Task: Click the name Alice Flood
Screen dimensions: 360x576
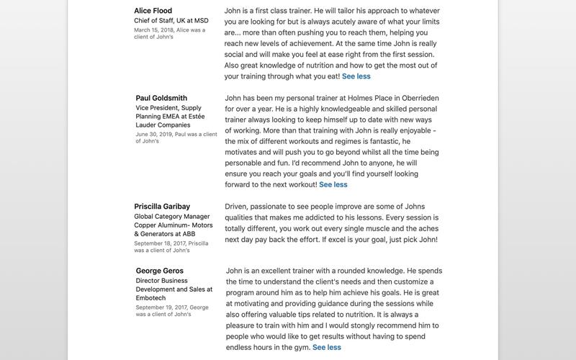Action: coord(153,11)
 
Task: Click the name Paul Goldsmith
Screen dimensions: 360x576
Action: coord(161,98)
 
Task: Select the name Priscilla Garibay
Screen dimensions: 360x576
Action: coord(162,207)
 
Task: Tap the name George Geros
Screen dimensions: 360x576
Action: coord(159,271)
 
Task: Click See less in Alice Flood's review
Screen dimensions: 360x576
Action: coord(356,76)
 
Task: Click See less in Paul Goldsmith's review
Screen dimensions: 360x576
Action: coord(333,184)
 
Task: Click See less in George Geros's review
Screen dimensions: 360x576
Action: coord(327,347)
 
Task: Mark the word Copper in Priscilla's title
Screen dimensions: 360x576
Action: coord(148,225)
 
